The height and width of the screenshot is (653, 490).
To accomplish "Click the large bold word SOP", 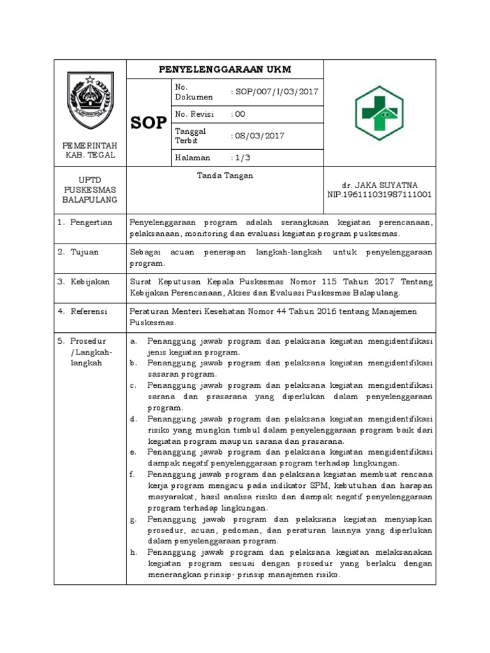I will [x=149, y=123].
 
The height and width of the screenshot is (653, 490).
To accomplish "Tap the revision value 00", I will [x=240, y=114].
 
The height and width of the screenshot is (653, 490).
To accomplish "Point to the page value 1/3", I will [x=241, y=157].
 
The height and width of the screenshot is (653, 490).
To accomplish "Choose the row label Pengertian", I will [x=91, y=223].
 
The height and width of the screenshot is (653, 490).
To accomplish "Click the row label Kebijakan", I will [x=90, y=281].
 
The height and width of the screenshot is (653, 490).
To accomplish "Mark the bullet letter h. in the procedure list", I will [x=134, y=552].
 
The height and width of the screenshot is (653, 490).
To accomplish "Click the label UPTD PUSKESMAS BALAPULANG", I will [x=90, y=190].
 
